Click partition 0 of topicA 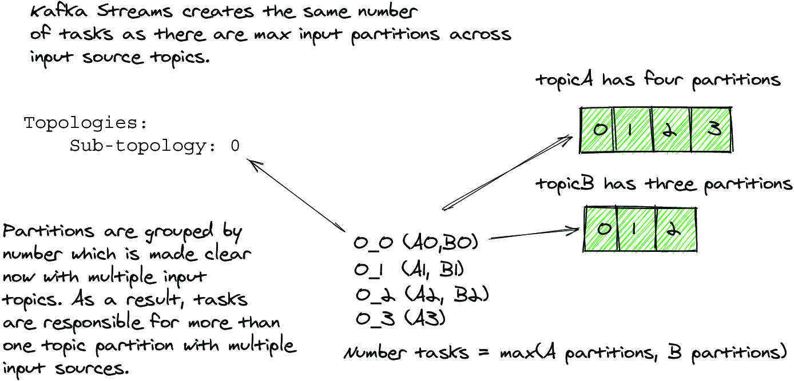[x=598, y=130]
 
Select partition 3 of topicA [x=712, y=130]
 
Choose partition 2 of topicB [x=675, y=230]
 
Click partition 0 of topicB [x=602, y=230]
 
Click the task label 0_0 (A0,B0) [x=416, y=242]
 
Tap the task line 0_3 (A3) [x=400, y=318]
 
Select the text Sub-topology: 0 [x=154, y=147]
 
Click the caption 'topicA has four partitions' [x=658, y=80]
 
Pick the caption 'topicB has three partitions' [x=664, y=185]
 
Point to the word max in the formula [x=512, y=354]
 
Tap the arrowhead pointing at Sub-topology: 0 [x=252, y=164]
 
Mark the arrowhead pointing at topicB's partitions [x=577, y=230]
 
